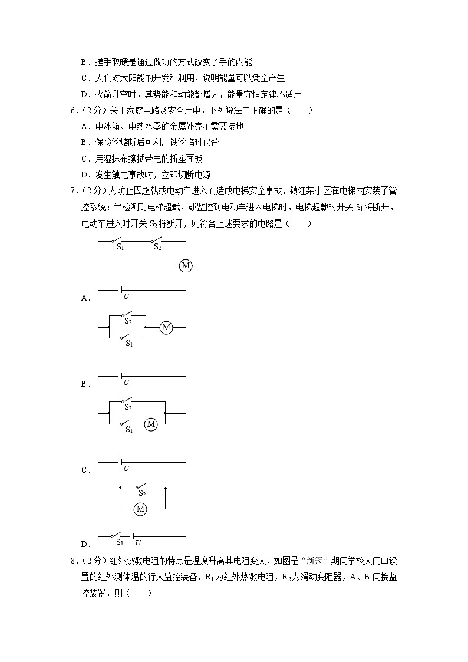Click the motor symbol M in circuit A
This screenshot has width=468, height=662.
pos(186,266)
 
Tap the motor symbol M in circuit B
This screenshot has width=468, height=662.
pos(166,327)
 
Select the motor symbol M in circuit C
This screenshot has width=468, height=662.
pos(151,424)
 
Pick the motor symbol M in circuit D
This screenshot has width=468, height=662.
pos(140,509)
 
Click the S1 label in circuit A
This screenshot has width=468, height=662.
pos(120,248)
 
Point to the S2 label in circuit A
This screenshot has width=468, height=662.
pos(157,248)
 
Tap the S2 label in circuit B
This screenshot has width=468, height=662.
pos(127,322)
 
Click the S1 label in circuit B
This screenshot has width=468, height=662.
pos(128,344)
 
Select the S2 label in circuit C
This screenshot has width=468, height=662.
pos(127,407)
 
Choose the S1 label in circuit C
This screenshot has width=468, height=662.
pos(128,430)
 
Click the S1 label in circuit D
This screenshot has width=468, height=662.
pos(119,541)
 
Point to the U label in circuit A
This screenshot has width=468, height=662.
pos(126,296)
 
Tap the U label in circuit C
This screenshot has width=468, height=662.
pos(126,468)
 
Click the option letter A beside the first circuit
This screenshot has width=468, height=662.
pos(84,298)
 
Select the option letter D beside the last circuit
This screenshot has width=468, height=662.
pos(84,545)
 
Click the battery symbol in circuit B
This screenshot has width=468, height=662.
pos(120,376)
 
